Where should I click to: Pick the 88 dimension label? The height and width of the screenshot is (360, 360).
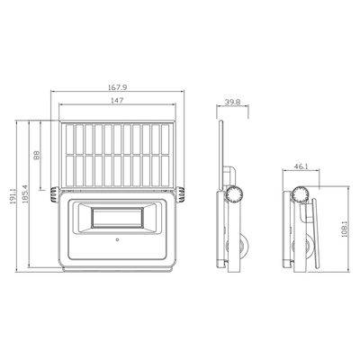37,154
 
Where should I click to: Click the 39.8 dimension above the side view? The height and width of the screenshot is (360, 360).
233,103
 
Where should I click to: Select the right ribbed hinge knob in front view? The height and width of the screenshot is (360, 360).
181,192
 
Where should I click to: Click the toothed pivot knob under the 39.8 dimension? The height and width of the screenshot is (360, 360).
236,193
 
